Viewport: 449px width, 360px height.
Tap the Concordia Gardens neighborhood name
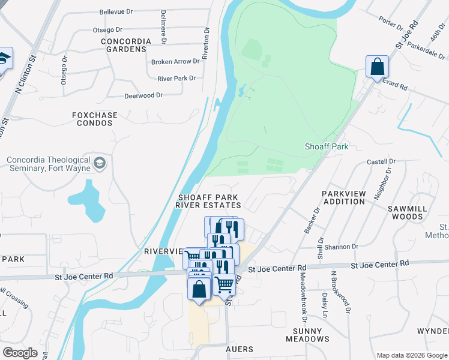click(x=124, y=45)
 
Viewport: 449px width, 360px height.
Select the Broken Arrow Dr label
click(x=175, y=62)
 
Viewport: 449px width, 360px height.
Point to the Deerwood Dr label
click(x=143, y=95)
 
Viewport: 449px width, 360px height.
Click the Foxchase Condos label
click(x=92, y=119)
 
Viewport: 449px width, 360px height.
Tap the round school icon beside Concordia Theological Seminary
click(x=100, y=163)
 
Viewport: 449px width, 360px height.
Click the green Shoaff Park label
click(x=326, y=146)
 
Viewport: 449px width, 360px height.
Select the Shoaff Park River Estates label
click(x=208, y=201)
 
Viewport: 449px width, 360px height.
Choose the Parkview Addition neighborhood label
click(x=343, y=198)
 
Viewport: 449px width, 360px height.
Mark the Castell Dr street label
click(x=381, y=162)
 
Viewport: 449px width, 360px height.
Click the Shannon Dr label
click(x=343, y=246)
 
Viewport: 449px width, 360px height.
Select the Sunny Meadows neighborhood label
click(x=310, y=335)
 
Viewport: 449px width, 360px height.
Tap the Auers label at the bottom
click(x=239, y=349)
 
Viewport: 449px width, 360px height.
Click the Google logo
click(x=20, y=353)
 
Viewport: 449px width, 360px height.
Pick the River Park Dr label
click(x=176, y=79)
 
